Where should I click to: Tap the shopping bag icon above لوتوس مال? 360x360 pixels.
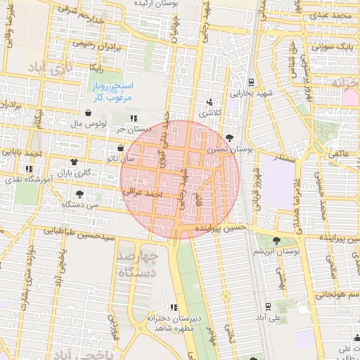[x=88, y=112]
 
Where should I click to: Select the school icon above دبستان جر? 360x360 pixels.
[x=134, y=118]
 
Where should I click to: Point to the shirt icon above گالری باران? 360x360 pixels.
[x=75, y=162]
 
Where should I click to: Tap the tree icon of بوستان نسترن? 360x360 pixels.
[x=230, y=139]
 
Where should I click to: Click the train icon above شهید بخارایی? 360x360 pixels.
[x=252, y=82]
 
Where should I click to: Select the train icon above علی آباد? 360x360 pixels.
[x=267, y=306]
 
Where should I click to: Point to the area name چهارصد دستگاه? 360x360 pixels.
[x=138, y=264]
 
